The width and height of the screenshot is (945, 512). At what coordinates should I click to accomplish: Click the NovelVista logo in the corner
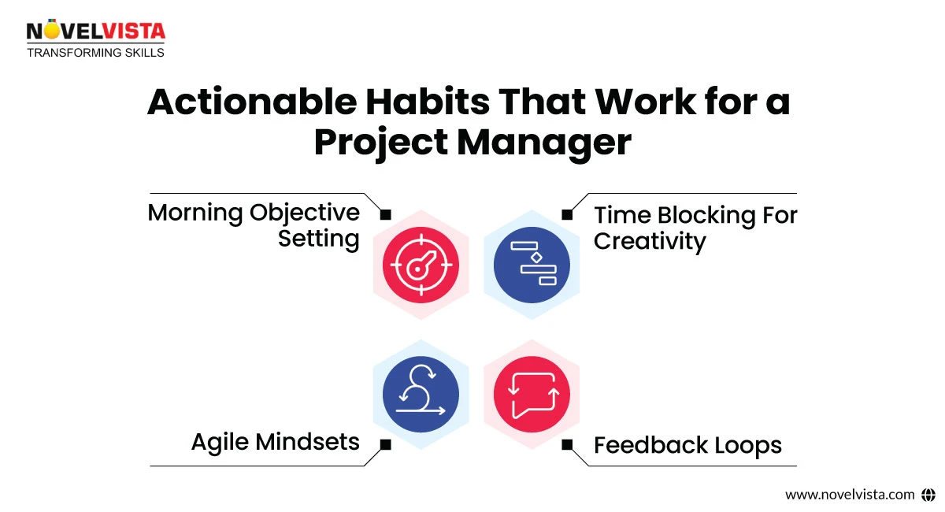[96, 32]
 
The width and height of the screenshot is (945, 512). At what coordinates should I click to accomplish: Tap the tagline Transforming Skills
[95, 53]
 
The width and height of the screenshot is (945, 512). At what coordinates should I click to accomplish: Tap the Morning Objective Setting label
[254, 225]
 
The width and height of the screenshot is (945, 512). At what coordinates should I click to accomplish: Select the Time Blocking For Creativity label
[695, 227]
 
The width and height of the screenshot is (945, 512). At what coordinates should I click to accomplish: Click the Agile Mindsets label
[276, 442]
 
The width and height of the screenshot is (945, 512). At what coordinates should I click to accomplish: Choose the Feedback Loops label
[687, 445]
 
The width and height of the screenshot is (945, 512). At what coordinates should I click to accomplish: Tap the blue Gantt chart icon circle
[532, 265]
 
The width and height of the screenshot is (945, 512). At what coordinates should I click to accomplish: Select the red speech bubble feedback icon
[532, 393]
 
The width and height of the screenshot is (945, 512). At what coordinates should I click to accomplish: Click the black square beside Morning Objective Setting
[385, 214]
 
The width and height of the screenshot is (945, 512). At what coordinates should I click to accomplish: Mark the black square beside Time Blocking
[566, 214]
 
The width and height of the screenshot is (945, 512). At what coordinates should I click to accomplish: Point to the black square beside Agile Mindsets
[385, 445]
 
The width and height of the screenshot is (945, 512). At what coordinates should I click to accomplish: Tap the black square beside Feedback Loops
[566, 445]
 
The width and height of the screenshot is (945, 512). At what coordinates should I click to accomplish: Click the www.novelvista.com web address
[850, 495]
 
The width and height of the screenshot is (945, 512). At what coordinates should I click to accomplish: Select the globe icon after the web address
[928, 495]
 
